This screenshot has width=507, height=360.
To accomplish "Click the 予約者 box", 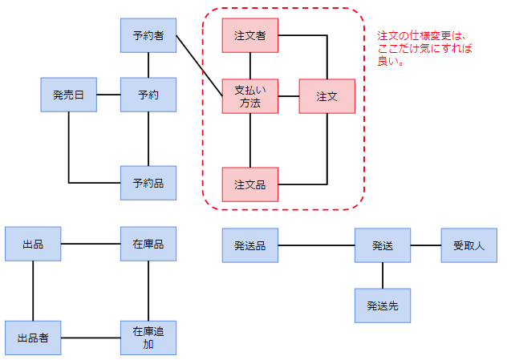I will tap(148, 35).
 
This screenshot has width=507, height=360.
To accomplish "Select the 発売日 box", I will tap(68, 95).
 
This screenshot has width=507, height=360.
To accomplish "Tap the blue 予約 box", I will tap(148, 95).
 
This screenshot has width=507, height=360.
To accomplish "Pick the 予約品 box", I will tap(148, 183).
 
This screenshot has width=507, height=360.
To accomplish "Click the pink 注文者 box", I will tap(250, 35).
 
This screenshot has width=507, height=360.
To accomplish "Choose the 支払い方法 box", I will tap(250, 96).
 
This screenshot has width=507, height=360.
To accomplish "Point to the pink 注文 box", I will tap(327, 96).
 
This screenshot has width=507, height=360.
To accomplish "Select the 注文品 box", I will tap(250, 184).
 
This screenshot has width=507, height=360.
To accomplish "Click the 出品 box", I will tap(33, 244).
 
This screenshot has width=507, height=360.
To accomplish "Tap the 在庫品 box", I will tap(148, 244).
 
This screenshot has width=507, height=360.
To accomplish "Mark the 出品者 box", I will tap(33, 338).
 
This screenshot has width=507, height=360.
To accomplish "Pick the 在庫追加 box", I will tap(148, 338).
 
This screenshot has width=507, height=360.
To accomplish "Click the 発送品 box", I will tap(250, 245).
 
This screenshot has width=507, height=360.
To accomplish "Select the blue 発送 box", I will tap(383, 245).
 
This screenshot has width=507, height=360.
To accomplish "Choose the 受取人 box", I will tap(469, 245).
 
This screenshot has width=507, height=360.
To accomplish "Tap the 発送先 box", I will tap(383, 305).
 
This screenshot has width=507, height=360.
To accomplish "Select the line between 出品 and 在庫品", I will tap(91, 244).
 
